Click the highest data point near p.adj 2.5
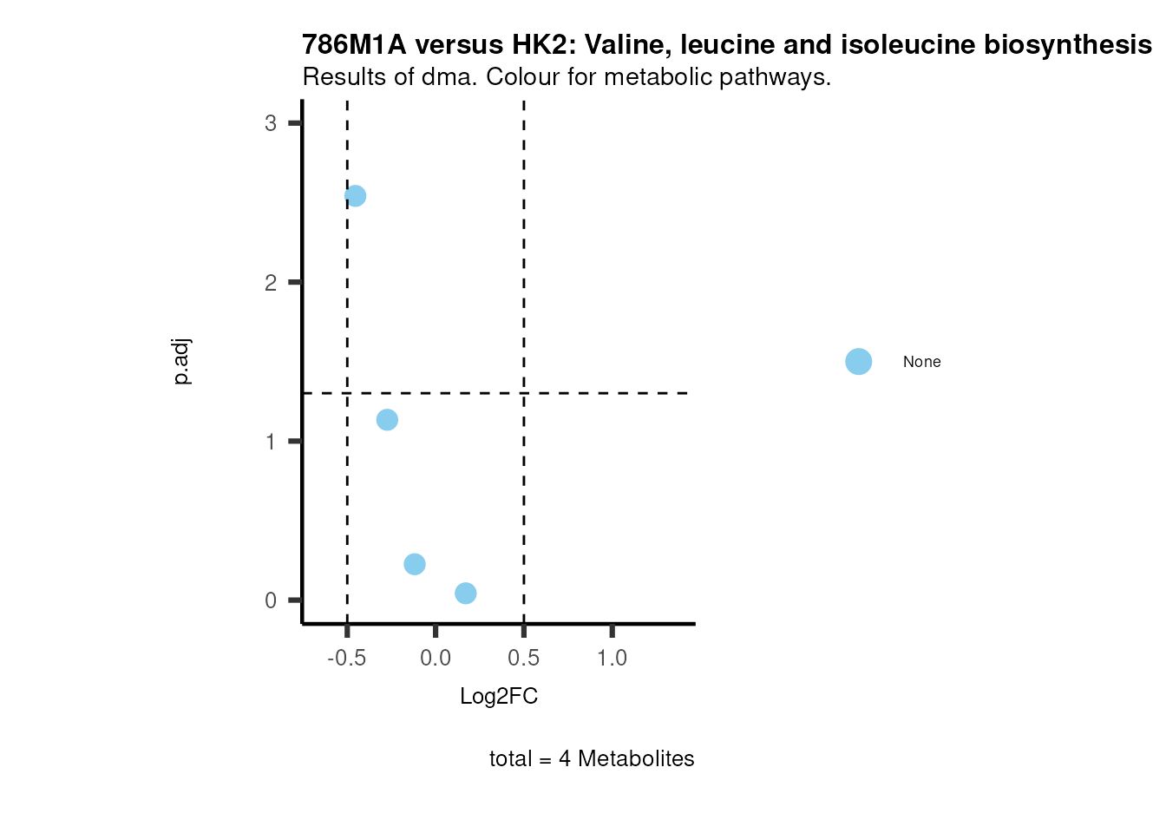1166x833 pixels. click(x=355, y=196)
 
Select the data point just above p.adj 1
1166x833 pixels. click(x=387, y=420)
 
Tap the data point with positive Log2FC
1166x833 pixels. click(x=466, y=594)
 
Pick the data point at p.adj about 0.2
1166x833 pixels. click(x=415, y=565)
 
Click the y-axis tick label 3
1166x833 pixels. click(x=271, y=123)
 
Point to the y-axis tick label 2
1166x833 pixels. click(x=271, y=283)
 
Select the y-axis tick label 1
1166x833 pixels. click(x=271, y=442)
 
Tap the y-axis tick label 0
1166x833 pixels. click(x=271, y=600)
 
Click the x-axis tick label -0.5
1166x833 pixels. click(x=346, y=659)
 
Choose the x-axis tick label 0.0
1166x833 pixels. click(x=436, y=659)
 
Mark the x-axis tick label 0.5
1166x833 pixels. click(x=524, y=659)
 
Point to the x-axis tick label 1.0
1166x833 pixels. click(x=612, y=659)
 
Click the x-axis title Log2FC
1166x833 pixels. click(x=499, y=697)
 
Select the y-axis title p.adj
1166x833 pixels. click(x=181, y=362)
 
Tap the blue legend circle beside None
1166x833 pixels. click(x=858, y=362)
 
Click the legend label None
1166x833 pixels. click(x=921, y=362)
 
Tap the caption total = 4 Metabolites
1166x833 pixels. click(x=592, y=759)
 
